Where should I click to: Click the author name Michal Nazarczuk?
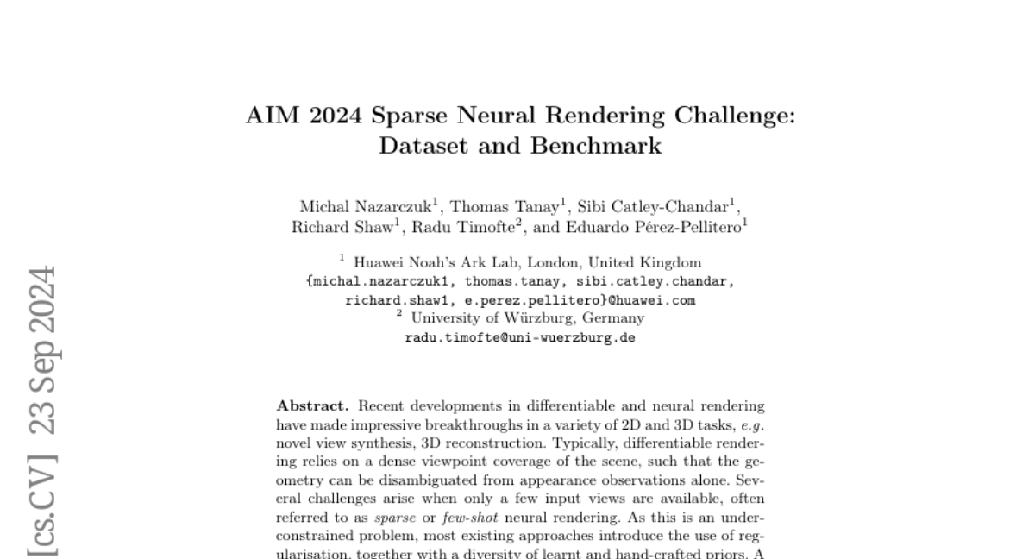365,206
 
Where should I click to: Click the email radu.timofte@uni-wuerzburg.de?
520,338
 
